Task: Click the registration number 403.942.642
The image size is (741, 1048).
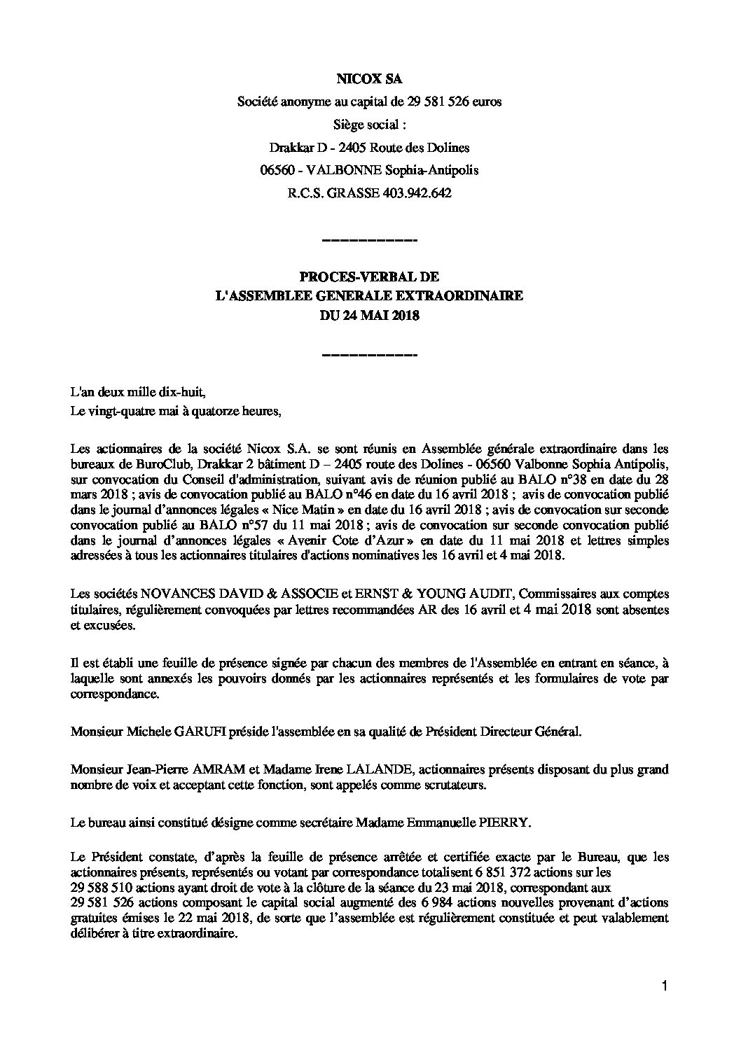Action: (x=418, y=194)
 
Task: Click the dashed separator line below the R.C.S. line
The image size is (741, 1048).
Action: (x=368, y=241)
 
